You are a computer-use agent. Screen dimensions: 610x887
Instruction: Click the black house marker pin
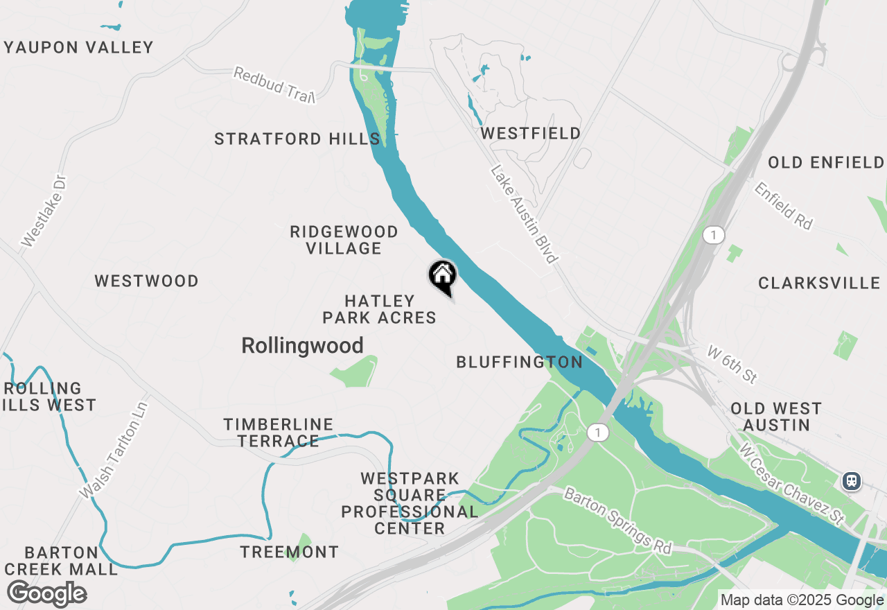pyautogui.click(x=442, y=277)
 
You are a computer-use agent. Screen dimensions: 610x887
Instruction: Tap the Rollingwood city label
pyautogui.click(x=302, y=346)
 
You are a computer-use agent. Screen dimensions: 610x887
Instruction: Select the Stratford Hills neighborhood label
pyautogui.click(x=297, y=139)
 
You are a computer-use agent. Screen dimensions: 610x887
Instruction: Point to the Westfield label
pyautogui.click(x=531, y=133)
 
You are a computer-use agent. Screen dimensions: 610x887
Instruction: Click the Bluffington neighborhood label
pyautogui.click(x=519, y=362)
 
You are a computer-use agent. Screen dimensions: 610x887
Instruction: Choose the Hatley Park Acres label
pyautogui.click(x=379, y=309)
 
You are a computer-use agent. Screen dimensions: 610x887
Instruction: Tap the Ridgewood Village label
pyautogui.click(x=344, y=240)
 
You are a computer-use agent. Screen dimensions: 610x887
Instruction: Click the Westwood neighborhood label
pyautogui.click(x=147, y=281)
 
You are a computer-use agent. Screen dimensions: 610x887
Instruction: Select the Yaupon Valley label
pyautogui.click(x=79, y=48)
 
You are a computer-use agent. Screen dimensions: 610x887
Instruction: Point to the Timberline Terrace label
pyautogui.click(x=278, y=433)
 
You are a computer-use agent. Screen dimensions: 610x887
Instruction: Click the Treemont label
pyautogui.click(x=290, y=552)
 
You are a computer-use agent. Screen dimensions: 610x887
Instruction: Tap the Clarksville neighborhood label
pyautogui.click(x=819, y=283)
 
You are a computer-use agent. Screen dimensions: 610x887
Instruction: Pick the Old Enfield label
pyautogui.click(x=825, y=163)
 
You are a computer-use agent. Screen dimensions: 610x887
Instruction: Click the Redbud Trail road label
pyautogui.click(x=274, y=85)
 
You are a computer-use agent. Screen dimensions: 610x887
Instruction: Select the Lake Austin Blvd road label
pyautogui.click(x=524, y=214)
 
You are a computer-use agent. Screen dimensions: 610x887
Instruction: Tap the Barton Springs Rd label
pyautogui.click(x=617, y=520)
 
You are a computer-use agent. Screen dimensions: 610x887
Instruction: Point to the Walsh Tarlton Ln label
pyautogui.click(x=114, y=449)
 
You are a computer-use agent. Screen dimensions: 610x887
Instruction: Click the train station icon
pyautogui.click(x=852, y=480)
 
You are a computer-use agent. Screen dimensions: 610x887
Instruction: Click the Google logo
pyautogui.click(x=46, y=594)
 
